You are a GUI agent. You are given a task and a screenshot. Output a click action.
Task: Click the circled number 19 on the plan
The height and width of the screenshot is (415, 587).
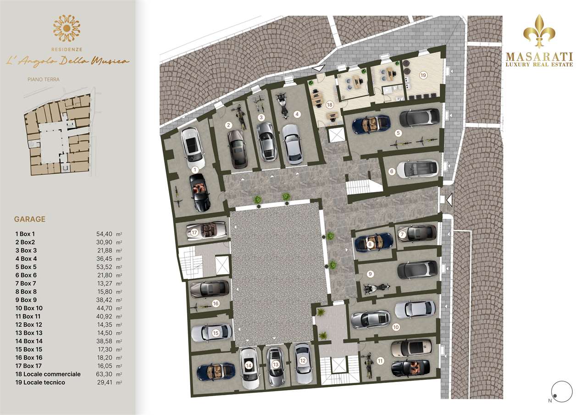[423, 75]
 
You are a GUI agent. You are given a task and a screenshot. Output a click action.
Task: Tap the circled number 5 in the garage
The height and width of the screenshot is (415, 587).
[398, 133]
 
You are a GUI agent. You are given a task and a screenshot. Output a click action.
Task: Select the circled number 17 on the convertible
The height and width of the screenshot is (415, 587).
[194, 232]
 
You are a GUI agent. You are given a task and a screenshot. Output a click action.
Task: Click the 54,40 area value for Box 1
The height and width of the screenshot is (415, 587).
[104, 234]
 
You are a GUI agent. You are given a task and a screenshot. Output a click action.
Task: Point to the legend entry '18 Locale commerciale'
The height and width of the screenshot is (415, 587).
[48, 374]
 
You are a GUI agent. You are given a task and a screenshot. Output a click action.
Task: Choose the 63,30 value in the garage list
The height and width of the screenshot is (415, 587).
[104, 374]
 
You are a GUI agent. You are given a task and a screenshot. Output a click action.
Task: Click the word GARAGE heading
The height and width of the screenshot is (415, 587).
[30, 219]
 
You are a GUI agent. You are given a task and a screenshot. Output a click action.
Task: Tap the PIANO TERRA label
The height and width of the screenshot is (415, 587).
[44, 79]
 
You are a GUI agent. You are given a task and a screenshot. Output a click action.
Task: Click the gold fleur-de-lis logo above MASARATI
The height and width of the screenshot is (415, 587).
[539, 31]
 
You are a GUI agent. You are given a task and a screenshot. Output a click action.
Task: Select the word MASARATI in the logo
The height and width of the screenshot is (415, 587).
[539, 56]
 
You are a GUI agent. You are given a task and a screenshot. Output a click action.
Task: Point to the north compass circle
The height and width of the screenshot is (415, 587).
[562, 392]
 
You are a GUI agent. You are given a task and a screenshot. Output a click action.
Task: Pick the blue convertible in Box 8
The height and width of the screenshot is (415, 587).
[374, 242]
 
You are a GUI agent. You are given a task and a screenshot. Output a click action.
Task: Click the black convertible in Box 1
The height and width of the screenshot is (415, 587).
[199, 193]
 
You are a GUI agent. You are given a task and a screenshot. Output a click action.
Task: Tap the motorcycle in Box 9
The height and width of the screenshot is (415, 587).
[377, 288]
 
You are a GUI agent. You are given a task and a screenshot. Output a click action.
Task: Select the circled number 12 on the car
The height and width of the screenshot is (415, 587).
[303, 361]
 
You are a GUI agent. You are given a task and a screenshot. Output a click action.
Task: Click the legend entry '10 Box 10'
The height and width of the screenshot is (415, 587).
[29, 308]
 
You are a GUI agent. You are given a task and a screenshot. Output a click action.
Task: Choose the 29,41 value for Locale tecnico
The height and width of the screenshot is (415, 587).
[105, 382]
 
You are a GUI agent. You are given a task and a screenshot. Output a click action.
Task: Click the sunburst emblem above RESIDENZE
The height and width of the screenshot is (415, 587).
[66, 28]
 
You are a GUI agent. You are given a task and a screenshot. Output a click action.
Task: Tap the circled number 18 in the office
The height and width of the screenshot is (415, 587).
[329, 105]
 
